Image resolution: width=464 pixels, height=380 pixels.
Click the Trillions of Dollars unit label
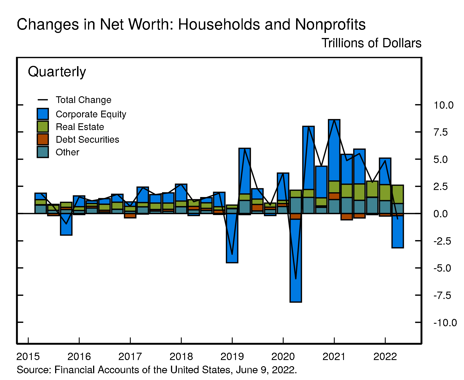click(x=371, y=43)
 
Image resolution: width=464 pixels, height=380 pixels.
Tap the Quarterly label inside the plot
click(x=57, y=72)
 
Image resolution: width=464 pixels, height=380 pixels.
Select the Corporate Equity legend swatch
click(x=43, y=114)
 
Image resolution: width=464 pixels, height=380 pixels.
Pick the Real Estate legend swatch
click(x=43, y=127)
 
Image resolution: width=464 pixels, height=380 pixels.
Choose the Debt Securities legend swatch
click(x=43, y=139)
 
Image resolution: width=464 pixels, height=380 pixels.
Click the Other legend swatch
click(x=43, y=152)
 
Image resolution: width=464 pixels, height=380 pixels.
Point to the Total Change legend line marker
click(x=43, y=100)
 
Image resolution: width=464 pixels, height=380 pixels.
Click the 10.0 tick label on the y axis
click(x=443, y=105)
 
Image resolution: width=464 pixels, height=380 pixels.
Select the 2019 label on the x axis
click(x=232, y=357)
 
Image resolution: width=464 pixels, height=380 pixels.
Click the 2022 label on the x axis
click(x=385, y=357)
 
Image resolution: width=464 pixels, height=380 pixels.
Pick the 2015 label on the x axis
click(x=28, y=357)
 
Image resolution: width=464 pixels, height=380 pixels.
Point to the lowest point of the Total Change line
click(x=296, y=279)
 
